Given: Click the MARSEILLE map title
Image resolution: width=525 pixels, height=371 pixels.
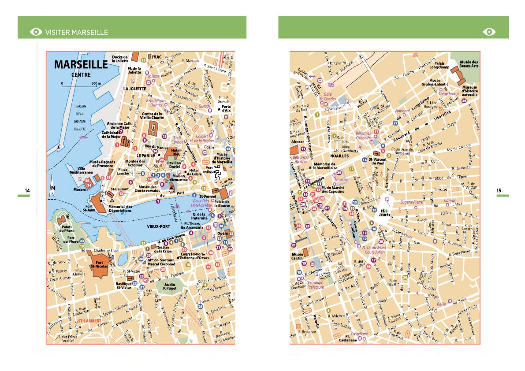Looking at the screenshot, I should point(81,65).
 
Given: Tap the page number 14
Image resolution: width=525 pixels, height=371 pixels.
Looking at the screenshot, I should point(27,190).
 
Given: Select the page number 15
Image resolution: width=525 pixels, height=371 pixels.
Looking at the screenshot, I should point(499,191).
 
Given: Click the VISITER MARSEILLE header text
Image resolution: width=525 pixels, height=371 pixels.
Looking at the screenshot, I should point(77,32).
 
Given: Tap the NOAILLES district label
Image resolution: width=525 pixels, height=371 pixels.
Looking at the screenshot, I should point(339,156).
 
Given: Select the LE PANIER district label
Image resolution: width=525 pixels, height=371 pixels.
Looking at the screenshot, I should point(145,156).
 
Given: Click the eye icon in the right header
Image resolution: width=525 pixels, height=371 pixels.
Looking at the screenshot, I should point(489,32).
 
